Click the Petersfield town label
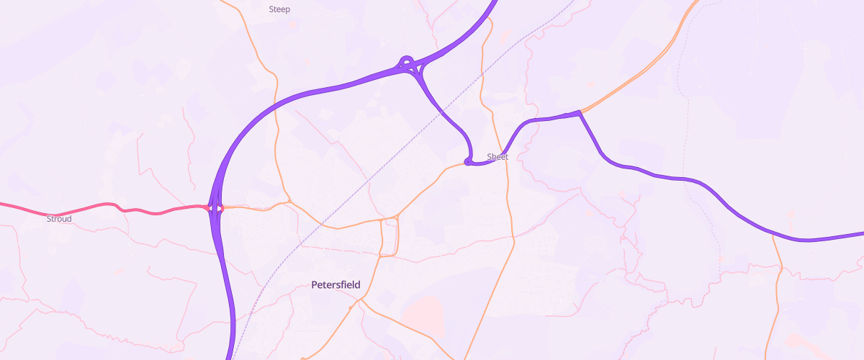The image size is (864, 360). click(x=336, y=284)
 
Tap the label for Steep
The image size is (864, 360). click(x=279, y=9)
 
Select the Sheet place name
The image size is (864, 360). click(x=498, y=156)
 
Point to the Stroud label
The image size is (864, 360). click(x=59, y=218)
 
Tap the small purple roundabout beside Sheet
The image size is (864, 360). click(x=468, y=162)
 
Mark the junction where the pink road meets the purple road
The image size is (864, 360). click(x=216, y=209)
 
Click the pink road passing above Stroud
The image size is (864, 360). click(x=79, y=210)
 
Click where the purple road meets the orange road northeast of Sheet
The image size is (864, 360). click(x=579, y=112)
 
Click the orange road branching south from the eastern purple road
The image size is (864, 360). click(x=778, y=274)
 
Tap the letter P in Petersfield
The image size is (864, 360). click(x=315, y=284)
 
